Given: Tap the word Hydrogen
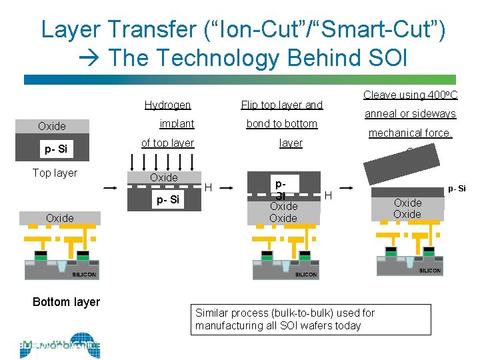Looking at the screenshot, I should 167,105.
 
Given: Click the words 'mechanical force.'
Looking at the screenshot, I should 411,133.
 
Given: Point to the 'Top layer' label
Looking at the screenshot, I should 55,173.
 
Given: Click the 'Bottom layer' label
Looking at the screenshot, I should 66,302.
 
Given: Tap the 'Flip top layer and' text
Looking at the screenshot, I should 281,105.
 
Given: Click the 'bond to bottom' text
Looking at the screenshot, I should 281,124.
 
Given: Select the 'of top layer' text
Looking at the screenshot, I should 167,143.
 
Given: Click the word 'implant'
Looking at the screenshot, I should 177,124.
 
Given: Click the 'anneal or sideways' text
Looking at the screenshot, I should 410,114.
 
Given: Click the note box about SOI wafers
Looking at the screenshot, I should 313,319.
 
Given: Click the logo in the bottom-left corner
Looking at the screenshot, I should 60,345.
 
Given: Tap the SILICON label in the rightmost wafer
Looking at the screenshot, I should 430,270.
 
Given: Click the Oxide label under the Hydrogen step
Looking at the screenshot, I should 163,177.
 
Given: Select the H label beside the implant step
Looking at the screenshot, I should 208,189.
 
